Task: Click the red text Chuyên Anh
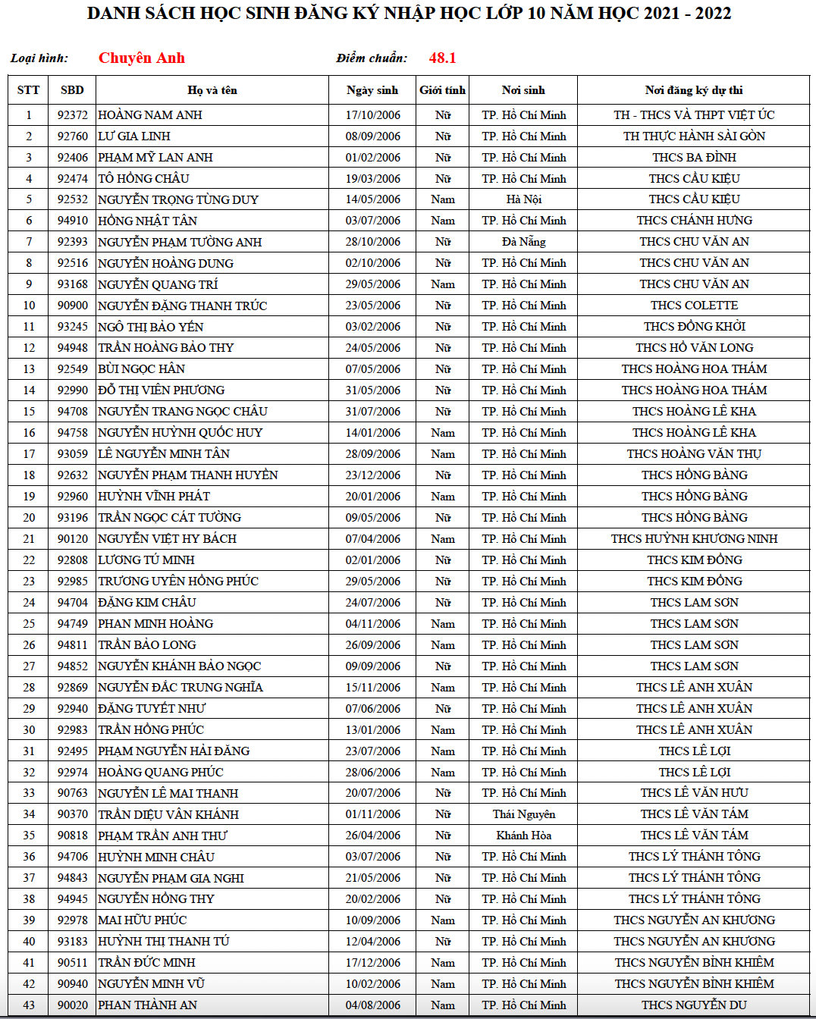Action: click(142, 58)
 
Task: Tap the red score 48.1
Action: click(442, 58)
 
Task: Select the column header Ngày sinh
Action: click(372, 90)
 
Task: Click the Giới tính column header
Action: click(443, 90)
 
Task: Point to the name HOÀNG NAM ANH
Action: click(150, 115)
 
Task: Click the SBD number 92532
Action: click(73, 199)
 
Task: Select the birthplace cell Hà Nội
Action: click(524, 199)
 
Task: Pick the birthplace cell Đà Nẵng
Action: click(524, 242)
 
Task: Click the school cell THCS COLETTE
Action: click(694, 306)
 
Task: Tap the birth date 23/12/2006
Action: click(373, 475)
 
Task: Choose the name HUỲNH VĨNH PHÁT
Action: click(154, 497)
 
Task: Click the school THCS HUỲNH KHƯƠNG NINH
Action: click(694, 539)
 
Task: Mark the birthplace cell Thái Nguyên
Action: click(524, 814)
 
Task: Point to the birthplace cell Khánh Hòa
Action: click(524, 836)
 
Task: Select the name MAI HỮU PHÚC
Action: click(143, 920)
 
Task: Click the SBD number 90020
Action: click(73, 1005)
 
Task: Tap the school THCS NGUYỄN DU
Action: click(694, 1005)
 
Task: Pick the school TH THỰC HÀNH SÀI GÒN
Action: click(694, 136)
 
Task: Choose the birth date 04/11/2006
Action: click(373, 624)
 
